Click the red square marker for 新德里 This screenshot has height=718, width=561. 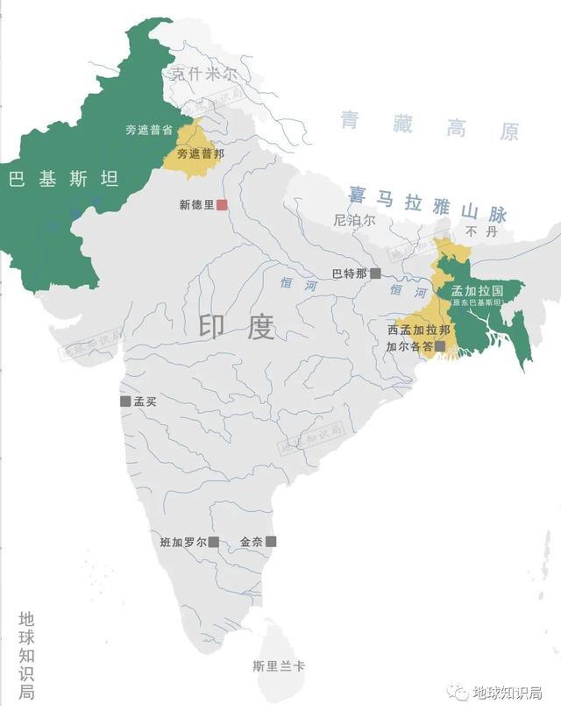click(223, 204)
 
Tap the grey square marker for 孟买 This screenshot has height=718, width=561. click(125, 402)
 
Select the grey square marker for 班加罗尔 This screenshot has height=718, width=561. click(214, 542)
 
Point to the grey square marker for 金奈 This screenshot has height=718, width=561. click(271, 542)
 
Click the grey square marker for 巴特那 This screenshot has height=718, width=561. click(375, 274)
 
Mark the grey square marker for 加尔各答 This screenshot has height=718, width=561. click(440, 346)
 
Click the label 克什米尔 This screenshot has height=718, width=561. click(204, 75)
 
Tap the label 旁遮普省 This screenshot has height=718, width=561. click(148, 130)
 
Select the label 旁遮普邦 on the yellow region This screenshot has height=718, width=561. click(200, 153)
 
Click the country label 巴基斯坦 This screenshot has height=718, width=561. click(63, 180)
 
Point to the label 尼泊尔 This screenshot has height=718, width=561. click(354, 221)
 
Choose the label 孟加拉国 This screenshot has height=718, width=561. click(477, 290)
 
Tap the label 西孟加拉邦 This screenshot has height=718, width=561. click(419, 331)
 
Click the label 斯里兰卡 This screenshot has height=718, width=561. click(278, 666)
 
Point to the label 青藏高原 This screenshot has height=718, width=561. click(430, 127)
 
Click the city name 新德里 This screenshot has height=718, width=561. click(196, 204)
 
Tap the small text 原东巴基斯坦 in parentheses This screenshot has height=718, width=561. click(477, 302)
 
